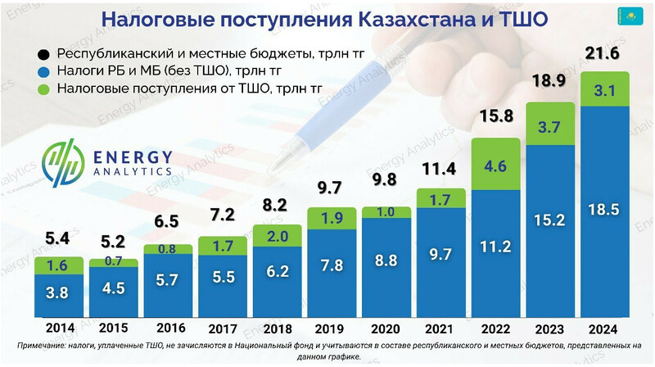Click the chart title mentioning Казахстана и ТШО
coord(327,19)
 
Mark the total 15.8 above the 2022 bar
coord(496,116)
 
